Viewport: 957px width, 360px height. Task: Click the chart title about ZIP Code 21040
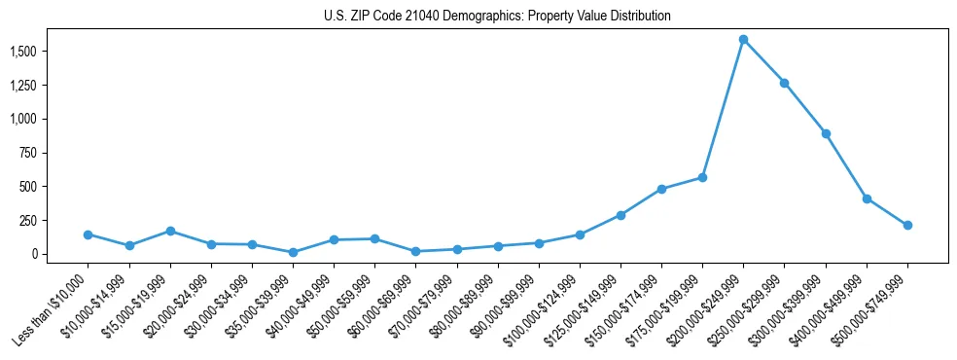click(x=497, y=17)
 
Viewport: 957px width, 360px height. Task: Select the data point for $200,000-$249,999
click(x=743, y=40)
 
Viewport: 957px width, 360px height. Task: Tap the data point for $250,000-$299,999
click(x=784, y=83)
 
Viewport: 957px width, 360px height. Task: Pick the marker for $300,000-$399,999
click(x=826, y=133)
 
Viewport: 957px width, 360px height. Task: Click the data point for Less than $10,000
click(x=89, y=234)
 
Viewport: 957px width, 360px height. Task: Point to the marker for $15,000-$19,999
click(x=170, y=231)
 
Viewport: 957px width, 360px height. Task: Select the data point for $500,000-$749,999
click(x=907, y=225)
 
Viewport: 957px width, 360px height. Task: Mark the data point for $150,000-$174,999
click(x=661, y=189)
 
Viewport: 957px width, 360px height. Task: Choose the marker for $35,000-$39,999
click(x=293, y=252)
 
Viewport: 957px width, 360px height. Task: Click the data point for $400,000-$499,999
click(x=867, y=198)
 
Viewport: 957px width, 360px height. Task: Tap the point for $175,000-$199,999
click(x=702, y=177)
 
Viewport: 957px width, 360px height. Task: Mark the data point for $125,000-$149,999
click(x=620, y=215)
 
